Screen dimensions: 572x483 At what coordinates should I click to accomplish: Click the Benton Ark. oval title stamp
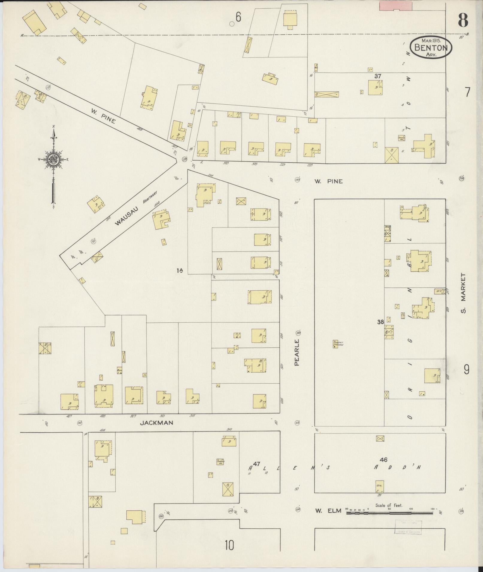point(431,47)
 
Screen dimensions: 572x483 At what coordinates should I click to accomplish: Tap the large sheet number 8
point(463,20)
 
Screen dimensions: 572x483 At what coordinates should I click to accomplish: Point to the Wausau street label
point(124,218)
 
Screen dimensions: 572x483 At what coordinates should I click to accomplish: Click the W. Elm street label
point(328,510)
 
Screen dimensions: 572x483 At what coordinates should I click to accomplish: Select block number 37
point(378,76)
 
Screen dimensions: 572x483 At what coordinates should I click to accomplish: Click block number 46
point(384,460)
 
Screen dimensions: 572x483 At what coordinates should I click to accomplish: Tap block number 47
point(256,464)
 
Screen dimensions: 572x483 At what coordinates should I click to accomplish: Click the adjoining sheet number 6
point(238,18)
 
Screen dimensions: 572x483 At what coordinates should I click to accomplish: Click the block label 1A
point(180,271)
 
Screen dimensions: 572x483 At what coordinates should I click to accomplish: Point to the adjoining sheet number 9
point(467,370)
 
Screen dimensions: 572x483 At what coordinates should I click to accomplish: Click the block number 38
point(380,322)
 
